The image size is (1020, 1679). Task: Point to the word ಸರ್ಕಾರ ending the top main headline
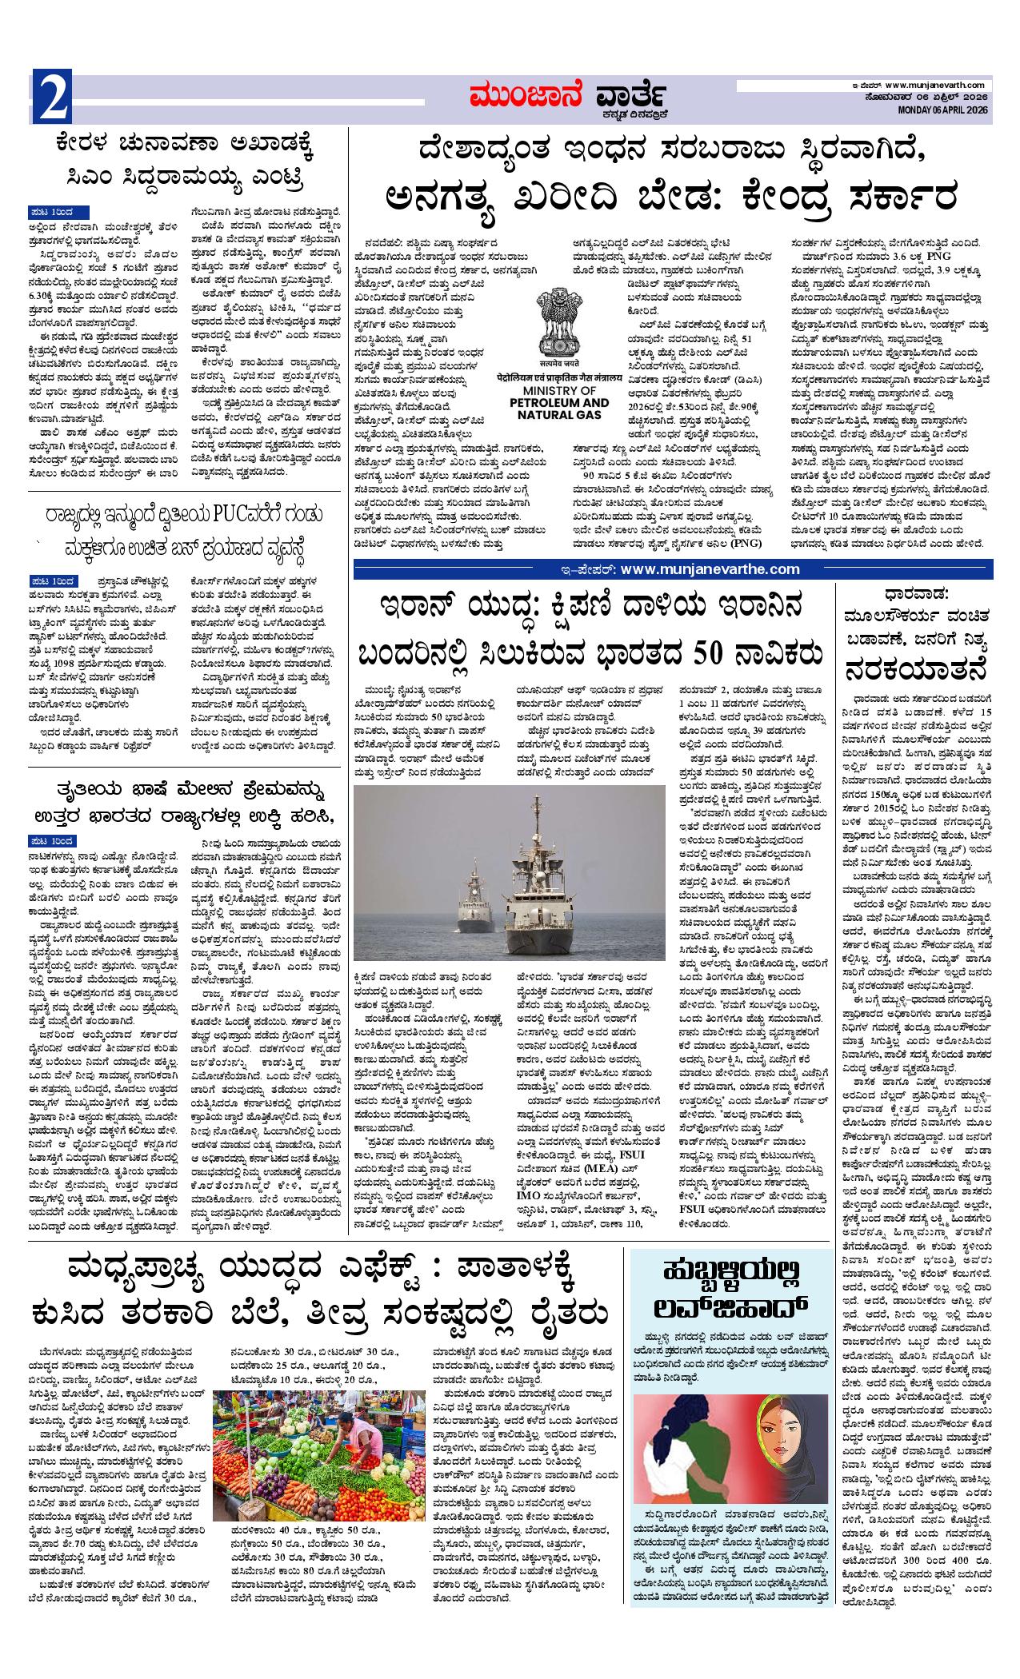click(x=889, y=195)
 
